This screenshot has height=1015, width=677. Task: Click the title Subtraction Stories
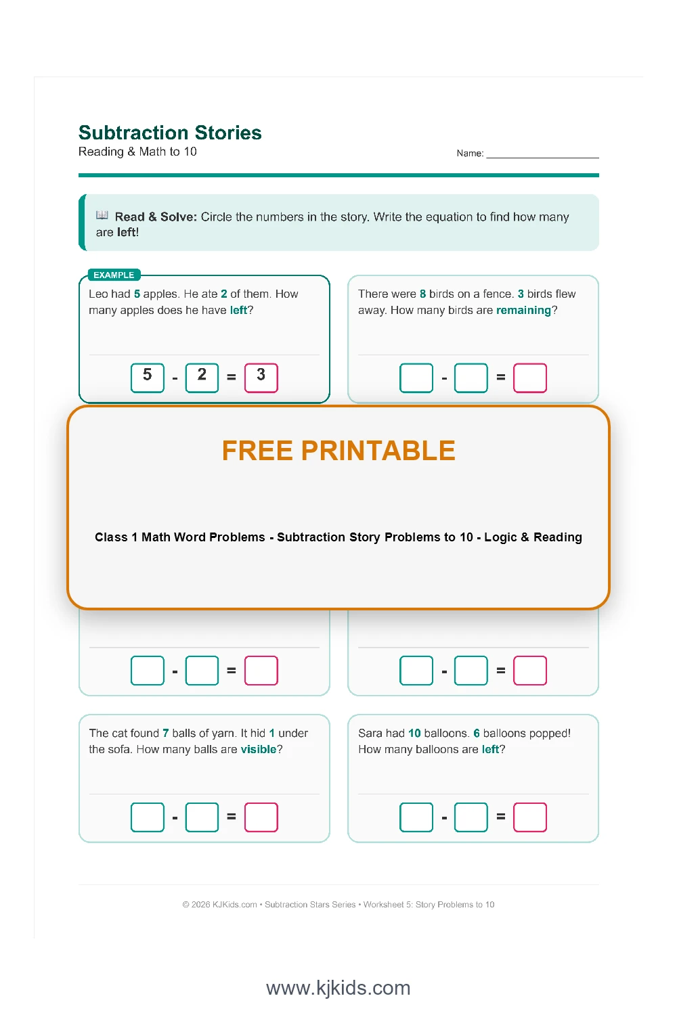pos(170,133)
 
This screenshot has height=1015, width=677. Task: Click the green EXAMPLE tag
pos(114,275)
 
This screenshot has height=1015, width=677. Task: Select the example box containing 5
pos(148,377)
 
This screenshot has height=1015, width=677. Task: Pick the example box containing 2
pos(202,377)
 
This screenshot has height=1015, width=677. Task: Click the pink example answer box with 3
pos(261,377)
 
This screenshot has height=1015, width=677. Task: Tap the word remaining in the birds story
pos(523,311)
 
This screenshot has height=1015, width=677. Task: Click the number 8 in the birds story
pos(423,294)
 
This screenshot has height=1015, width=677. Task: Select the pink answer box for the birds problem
pos(529,378)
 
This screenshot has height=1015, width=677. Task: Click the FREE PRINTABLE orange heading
pos(338,451)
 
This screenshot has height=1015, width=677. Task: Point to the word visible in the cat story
pos(259,750)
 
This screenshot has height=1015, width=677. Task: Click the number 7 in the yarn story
pos(166,734)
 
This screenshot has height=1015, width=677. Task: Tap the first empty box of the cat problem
pos(148,817)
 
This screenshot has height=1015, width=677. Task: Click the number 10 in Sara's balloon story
pos(414,734)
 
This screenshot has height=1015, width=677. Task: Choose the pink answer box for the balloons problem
pos(529,817)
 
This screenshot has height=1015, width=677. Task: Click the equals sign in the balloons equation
pos(501,817)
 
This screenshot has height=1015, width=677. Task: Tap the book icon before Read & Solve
pos(102,216)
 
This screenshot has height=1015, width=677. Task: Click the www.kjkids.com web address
pos(338,988)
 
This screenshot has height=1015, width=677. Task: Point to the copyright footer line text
pos(338,905)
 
